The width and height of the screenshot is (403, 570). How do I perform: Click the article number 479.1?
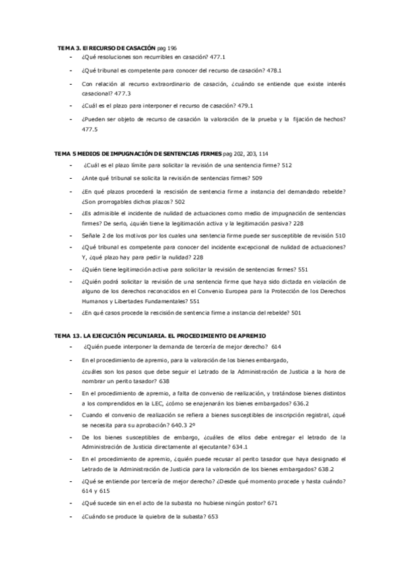tap(244, 106)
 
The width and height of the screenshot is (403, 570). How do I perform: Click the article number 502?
tap(180, 202)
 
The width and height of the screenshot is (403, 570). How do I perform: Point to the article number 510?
tap(340, 236)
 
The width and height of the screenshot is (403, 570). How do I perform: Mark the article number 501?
tap(296, 313)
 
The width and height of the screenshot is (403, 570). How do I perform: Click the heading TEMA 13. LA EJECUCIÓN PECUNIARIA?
tap(160, 334)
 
